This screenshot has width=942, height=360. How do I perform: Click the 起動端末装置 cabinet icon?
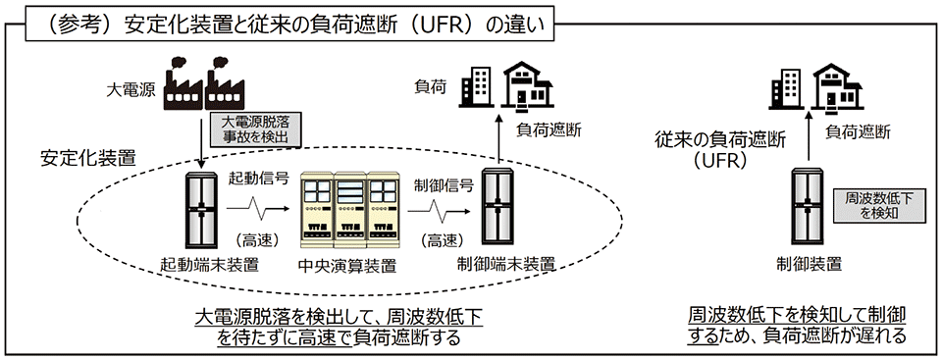[202, 212]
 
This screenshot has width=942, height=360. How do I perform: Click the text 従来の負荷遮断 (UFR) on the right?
[712, 148]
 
